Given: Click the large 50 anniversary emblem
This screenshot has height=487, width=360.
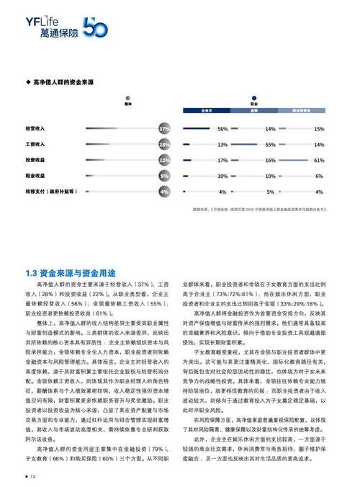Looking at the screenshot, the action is [x=94, y=27].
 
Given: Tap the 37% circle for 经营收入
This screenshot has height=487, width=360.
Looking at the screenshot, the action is [x=164, y=128].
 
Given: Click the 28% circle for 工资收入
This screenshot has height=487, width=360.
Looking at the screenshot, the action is [x=164, y=144].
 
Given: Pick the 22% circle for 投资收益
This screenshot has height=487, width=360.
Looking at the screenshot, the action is [x=164, y=160].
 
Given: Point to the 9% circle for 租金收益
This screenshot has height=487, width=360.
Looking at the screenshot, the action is [x=164, y=176].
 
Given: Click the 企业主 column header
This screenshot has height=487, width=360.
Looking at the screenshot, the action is [x=206, y=112].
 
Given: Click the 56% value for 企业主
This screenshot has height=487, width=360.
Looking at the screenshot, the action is [x=222, y=128].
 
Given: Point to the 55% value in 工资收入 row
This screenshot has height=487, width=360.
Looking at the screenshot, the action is [x=271, y=144].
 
